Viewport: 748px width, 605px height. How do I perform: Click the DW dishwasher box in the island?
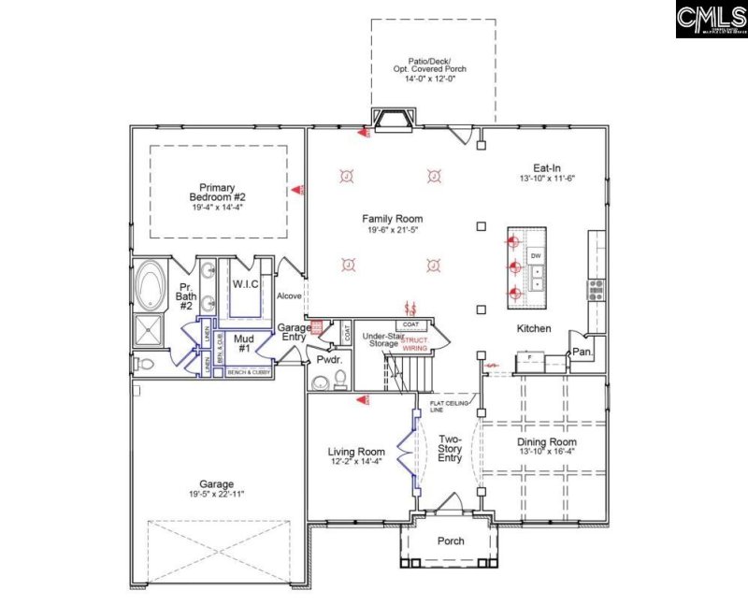click(x=536, y=255)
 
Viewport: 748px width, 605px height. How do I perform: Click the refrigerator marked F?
click(x=530, y=357)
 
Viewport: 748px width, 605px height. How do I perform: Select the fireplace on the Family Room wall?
click(x=393, y=120)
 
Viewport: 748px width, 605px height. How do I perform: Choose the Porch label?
click(x=451, y=541)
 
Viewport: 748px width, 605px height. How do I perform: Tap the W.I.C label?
click(x=245, y=283)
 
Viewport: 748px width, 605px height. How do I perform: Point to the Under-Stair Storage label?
click(x=381, y=339)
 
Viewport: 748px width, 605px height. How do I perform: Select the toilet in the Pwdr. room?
click(x=339, y=377)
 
